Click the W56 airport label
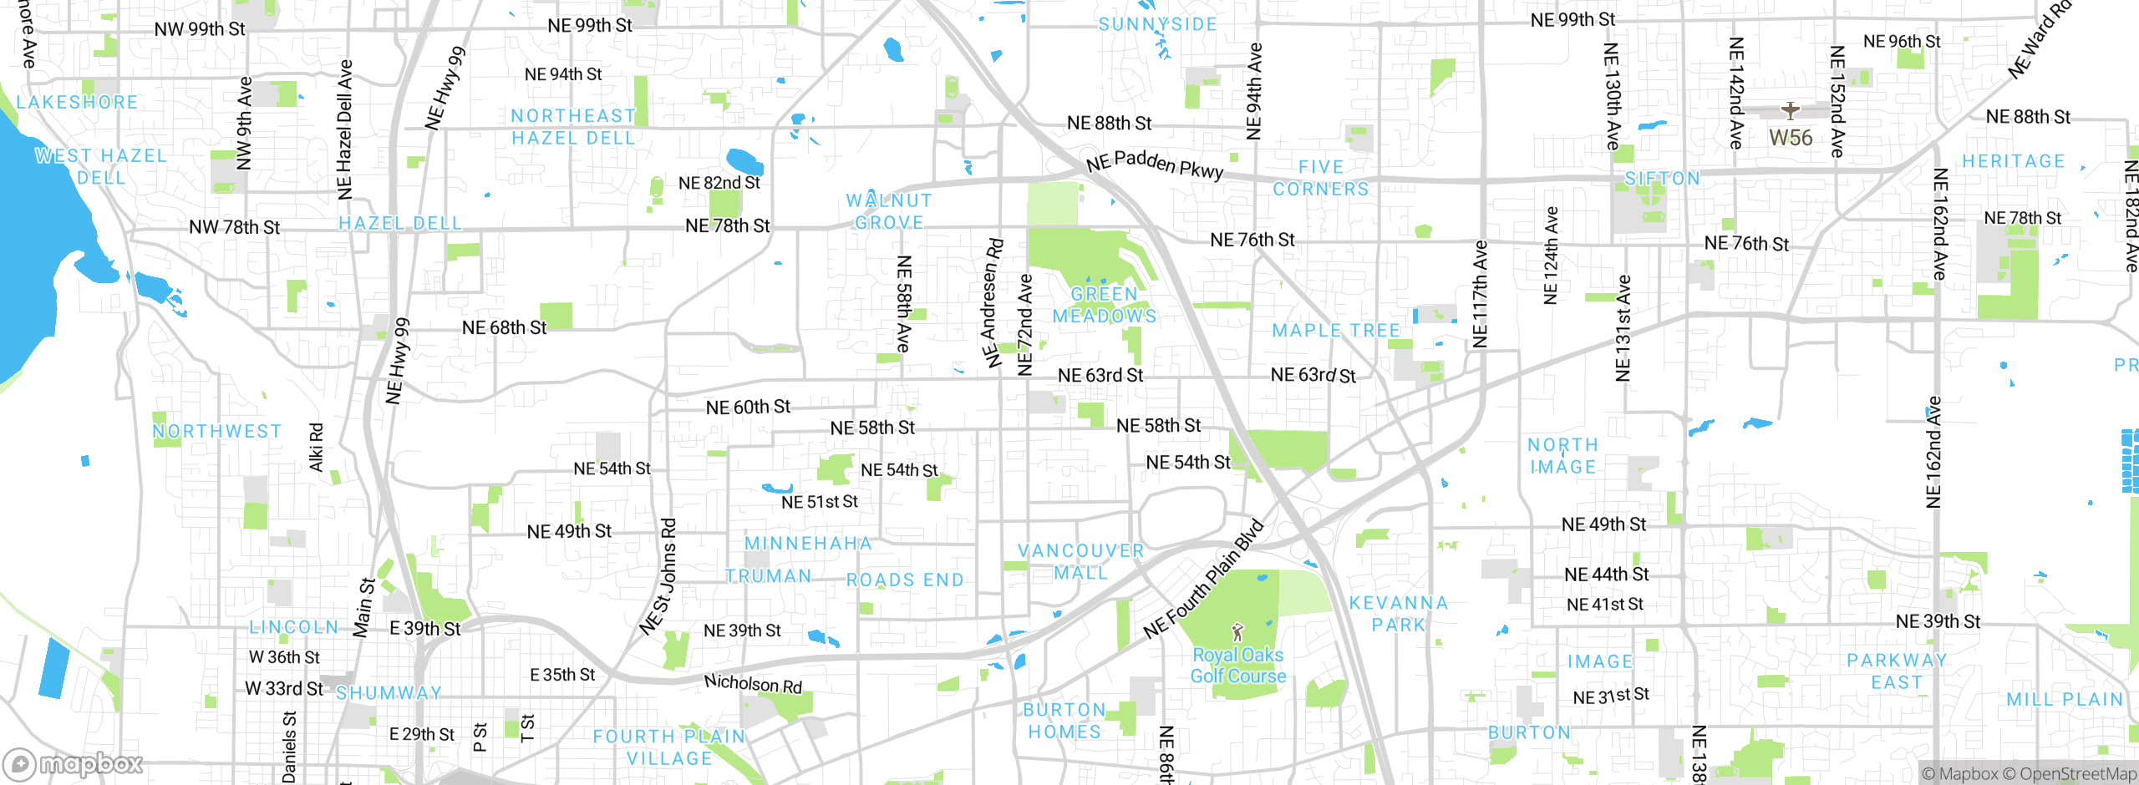click(1791, 138)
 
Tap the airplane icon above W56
click(1790, 110)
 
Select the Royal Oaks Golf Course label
click(1237, 666)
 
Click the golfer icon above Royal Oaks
click(1237, 632)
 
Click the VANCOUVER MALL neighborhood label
click(1080, 562)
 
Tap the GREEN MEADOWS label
click(1105, 305)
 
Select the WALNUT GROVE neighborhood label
click(889, 211)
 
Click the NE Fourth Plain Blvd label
click(1203, 579)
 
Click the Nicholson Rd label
click(753, 684)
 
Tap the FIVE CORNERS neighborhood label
click(1321, 178)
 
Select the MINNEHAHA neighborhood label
click(808, 544)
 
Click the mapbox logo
click(74, 763)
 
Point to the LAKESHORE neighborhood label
click(77, 102)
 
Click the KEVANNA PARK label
click(1398, 614)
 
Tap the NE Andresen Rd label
click(993, 303)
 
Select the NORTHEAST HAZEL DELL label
click(573, 127)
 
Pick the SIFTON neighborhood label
click(1662, 178)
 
